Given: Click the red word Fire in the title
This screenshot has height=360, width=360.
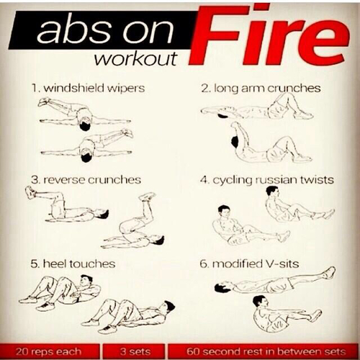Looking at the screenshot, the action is pos(268,36).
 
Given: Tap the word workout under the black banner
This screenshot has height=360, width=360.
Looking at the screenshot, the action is pos(135,59).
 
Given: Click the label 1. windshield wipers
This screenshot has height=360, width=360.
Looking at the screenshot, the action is pos(88,88).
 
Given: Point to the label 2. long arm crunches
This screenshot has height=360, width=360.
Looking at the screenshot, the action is pos(261,88).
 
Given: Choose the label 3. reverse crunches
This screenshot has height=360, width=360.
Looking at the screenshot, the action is pos(86,180).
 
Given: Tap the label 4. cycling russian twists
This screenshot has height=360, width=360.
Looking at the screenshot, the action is pos(267,180).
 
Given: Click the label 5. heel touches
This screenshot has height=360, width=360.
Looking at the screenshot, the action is pos(73,264).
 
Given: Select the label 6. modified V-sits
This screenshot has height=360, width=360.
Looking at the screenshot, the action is pos(249,264).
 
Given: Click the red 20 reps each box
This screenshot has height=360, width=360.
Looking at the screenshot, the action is pos(49,351).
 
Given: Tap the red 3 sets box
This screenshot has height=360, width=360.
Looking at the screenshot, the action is pos(135,351).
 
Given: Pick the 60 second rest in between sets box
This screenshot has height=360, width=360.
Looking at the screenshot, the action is pos(264,351).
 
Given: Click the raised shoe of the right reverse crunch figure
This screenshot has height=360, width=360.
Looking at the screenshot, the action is pos(147,196).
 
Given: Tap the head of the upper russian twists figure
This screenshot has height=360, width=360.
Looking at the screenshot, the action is pos(271,192).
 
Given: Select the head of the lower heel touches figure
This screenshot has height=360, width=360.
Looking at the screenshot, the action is pos(168,307).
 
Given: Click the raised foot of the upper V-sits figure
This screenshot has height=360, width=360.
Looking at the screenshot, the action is pos(329,273).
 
